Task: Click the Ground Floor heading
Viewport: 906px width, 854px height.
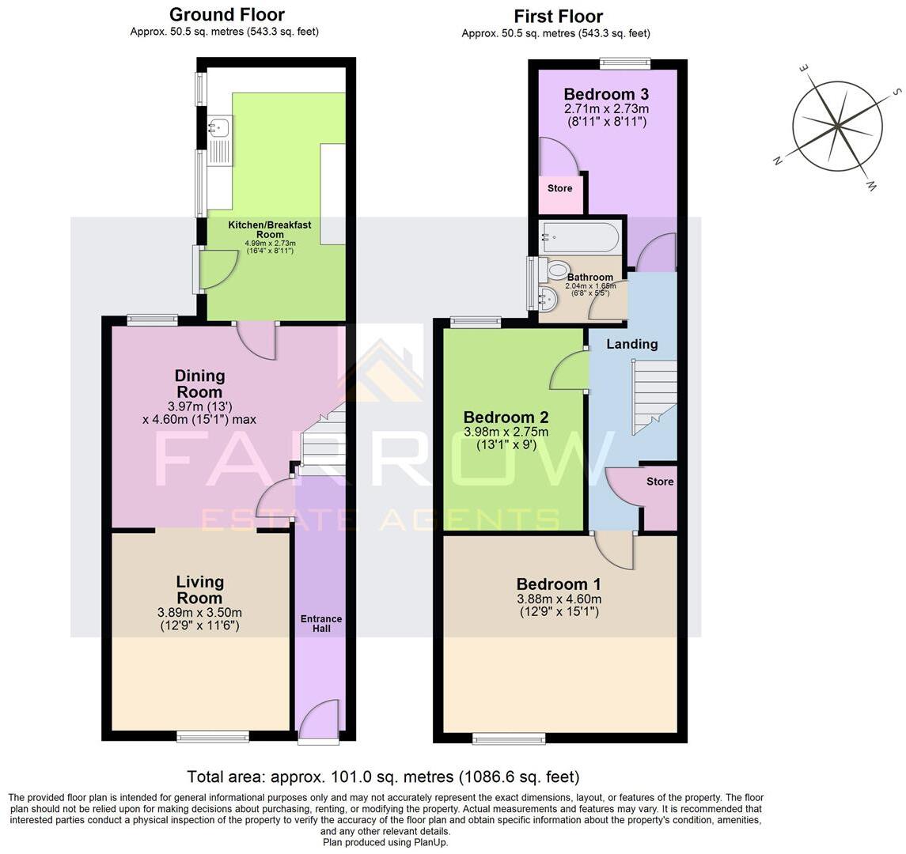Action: pos(226,14)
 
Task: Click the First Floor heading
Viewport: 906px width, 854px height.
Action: pos(558,16)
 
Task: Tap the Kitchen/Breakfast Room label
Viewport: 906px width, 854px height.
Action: pos(270,230)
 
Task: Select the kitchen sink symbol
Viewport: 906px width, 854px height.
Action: pos(219,127)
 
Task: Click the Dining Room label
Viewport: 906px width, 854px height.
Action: pos(199,384)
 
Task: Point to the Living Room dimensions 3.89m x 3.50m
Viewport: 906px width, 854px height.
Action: pos(199,613)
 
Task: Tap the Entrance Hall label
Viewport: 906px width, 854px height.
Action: pos(320,624)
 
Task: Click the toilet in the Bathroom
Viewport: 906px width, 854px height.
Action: pos(556,270)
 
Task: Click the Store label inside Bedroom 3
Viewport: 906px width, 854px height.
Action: pos(559,188)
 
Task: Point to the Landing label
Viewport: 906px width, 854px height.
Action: pos(631,344)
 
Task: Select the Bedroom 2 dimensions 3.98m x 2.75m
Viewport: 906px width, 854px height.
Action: pos(506,433)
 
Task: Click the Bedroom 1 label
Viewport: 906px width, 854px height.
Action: pos(559,584)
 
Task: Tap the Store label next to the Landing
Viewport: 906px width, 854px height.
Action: pos(659,482)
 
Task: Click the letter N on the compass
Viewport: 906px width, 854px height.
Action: pos(778,161)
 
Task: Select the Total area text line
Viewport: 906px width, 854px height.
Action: pos(382,777)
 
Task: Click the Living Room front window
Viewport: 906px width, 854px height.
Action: pos(212,737)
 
